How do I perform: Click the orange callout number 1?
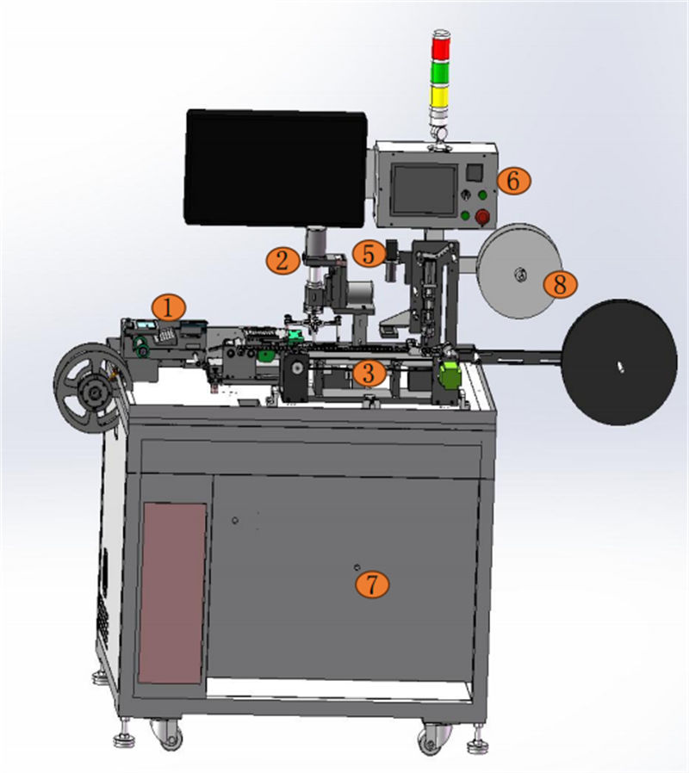pyautogui.click(x=169, y=308)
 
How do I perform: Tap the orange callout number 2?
pyautogui.click(x=282, y=260)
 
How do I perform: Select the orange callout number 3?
pyautogui.click(x=369, y=373)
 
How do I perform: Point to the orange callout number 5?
pyautogui.click(x=369, y=255)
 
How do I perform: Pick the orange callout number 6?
pyautogui.click(x=513, y=181)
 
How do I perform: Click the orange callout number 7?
pyautogui.click(x=372, y=584)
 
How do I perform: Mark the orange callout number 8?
pyautogui.click(x=561, y=284)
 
